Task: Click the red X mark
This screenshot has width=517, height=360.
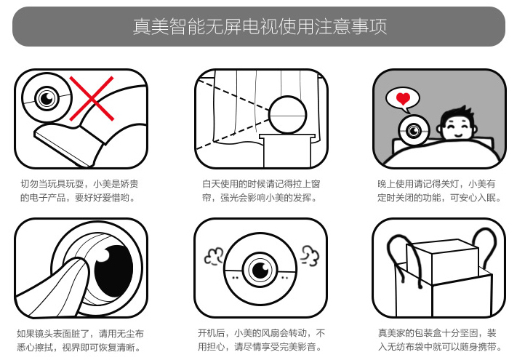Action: (92, 99)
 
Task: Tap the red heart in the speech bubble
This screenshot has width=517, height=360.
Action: (403, 98)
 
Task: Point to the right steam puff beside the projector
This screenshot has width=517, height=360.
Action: (310, 256)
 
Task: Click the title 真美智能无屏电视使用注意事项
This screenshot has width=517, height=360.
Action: (260, 26)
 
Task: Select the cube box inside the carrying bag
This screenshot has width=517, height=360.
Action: (442, 260)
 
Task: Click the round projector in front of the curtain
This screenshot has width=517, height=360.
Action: (287, 115)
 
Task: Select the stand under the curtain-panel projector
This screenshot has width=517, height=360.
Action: (286, 150)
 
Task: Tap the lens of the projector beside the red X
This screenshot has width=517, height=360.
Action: (47, 97)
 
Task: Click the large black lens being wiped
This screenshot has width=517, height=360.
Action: (113, 271)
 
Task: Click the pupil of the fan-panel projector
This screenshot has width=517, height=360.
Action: (260, 271)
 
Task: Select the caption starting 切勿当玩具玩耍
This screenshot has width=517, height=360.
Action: (79, 191)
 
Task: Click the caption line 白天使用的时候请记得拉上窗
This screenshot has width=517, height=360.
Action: (261, 183)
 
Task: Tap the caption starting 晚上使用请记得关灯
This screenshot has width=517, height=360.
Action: (439, 191)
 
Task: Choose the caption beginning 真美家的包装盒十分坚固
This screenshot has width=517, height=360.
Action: (440, 340)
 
